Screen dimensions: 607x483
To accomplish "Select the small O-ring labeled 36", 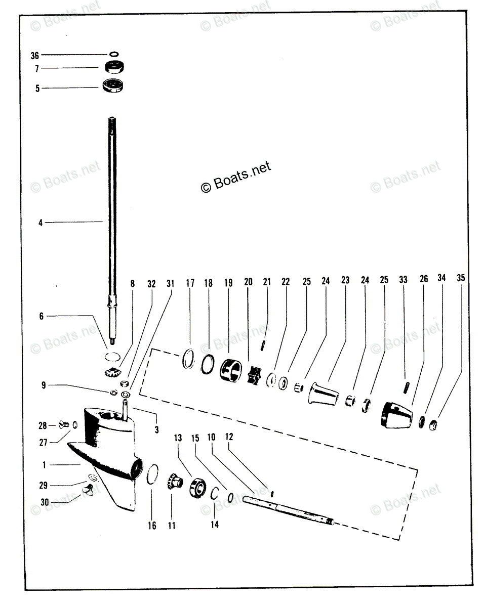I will [x=114, y=54].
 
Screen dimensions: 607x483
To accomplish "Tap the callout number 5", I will [x=37, y=89].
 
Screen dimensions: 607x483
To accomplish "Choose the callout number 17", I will [x=190, y=283].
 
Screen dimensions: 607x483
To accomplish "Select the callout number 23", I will [x=345, y=280].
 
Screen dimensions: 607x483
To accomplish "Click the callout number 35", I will [x=460, y=278].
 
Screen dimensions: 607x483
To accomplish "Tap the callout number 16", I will [x=152, y=526].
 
